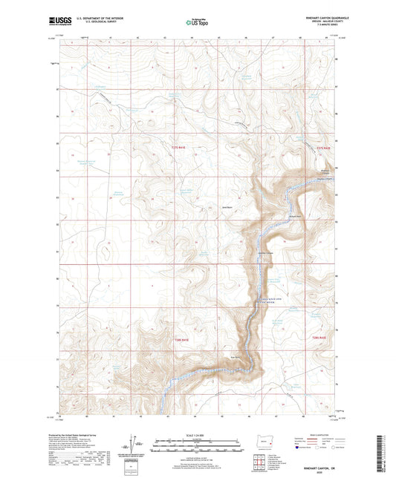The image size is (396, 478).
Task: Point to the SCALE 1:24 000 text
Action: click(198, 434)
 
